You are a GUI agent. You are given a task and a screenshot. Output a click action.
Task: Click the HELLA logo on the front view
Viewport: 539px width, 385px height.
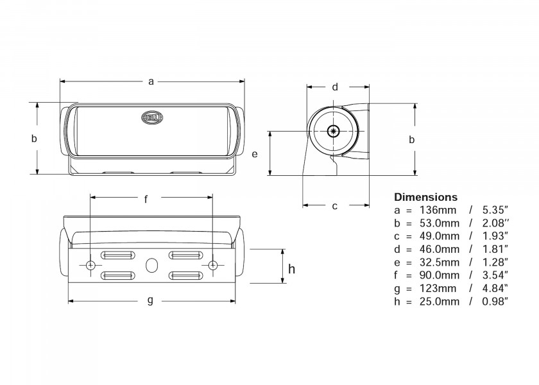tap(153, 117)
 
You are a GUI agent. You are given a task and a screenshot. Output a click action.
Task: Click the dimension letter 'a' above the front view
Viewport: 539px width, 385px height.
tap(151, 81)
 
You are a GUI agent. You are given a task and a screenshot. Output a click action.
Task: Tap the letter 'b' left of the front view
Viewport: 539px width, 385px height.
tap(35, 138)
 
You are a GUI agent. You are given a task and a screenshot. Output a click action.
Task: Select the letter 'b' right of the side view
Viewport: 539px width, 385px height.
tap(412, 139)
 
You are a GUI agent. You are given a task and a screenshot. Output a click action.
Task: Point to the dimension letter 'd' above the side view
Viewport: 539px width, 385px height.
tap(335, 87)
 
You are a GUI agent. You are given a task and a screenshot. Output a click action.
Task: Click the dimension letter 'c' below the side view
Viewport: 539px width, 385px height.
tap(335, 206)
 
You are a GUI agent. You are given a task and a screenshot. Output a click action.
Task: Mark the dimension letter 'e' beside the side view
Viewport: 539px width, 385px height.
tap(255, 154)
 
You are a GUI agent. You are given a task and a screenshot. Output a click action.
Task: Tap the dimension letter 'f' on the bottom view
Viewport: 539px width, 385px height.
tap(146, 199)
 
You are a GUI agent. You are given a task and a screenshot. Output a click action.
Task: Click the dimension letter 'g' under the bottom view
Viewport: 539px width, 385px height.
tap(150, 300)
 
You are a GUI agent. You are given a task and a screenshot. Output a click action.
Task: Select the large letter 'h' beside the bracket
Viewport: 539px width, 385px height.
tap(291, 268)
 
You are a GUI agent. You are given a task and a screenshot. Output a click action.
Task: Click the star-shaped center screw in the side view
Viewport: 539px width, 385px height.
tap(332, 131)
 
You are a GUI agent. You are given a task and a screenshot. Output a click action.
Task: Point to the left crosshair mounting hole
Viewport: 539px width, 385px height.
tap(90, 265)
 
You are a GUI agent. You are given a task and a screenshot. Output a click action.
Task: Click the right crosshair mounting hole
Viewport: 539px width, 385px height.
tap(212, 265)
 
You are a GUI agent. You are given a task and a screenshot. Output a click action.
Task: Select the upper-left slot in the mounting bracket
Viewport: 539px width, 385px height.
tap(117, 255)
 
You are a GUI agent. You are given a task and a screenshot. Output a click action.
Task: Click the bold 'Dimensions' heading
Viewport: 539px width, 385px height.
tap(425, 197)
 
